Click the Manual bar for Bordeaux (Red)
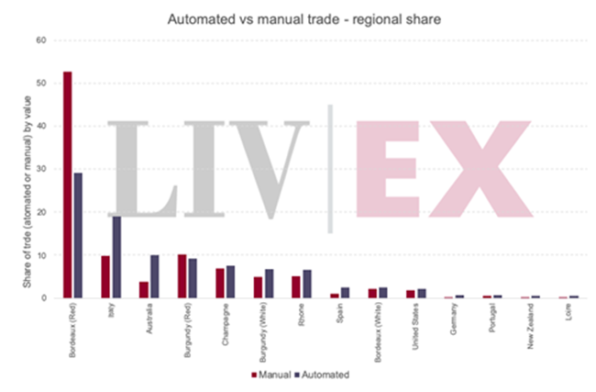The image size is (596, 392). (x=67, y=185)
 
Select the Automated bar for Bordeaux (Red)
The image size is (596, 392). (x=78, y=235)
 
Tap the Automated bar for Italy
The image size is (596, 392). (x=116, y=256)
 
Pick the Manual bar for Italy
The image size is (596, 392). (x=105, y=276)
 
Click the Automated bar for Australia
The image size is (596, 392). (x=155, y=275)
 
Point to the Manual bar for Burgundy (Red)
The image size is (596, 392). (x=182, y=275)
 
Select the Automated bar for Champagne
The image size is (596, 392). (x=231, y=281)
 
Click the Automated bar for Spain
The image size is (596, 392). (x=346, y=292)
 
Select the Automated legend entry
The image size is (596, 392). (x=322, y=375)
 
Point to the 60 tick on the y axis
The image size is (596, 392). (x=40, y=40)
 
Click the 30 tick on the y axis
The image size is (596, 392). (x=40, y=169)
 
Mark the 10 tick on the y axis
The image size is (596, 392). (x=40, y=254)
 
